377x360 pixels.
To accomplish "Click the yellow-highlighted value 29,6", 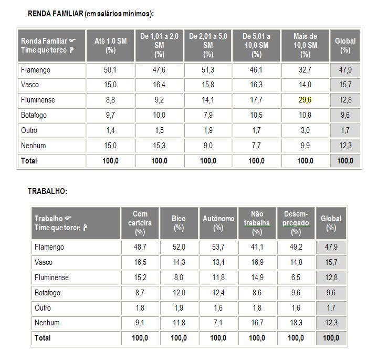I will (x=305, y=100).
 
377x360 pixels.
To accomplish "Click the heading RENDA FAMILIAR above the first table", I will (x=91, y=14).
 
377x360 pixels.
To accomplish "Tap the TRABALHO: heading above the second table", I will (x=47, y=191).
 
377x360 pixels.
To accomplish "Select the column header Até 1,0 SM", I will (x=110, y=45).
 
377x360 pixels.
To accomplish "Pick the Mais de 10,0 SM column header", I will (x=305, y=45).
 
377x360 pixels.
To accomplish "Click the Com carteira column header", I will (x=140, y=223).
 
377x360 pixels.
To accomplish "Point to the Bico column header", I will (x=179, y=223).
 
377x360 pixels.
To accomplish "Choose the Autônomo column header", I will (x=218, y=223).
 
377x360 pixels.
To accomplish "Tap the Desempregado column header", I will (x=296, y=223).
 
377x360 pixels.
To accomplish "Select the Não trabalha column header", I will (x=257, y=223).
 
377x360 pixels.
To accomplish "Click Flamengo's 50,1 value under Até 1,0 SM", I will (x=110, y=70).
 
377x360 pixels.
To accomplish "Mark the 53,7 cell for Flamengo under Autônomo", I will (x=218, y=247).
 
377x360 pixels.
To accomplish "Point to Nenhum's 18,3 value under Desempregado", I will (x=296, y=323).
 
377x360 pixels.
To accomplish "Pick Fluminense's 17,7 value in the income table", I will (x=256, y=100).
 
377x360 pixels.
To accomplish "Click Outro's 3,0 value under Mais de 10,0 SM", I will (x=305, y=130).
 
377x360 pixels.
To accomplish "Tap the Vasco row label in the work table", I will (x=44, y=262).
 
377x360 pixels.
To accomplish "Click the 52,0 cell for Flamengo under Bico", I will (x=179, y=247).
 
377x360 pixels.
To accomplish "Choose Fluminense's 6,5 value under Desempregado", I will (x=296, y=277).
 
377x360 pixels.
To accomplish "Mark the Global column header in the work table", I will (x=331, y=223).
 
